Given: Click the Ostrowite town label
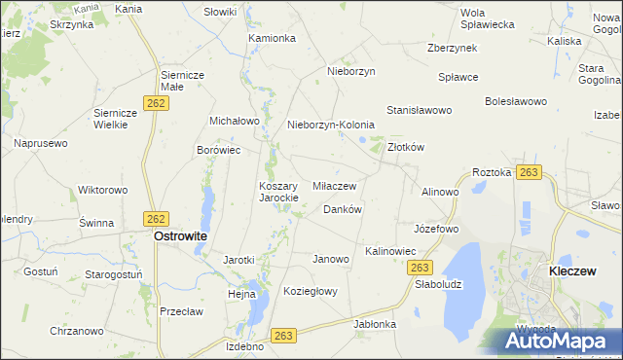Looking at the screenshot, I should (180, 235).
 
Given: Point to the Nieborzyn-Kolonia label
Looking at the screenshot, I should (330, 126).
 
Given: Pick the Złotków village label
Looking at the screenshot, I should (406, 148).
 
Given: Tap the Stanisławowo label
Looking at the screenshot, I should (420, 111).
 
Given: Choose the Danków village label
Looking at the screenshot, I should (342, 209).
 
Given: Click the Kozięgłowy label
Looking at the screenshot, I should (310, 291).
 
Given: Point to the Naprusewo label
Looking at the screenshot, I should (40, 143).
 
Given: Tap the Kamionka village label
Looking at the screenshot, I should (272, 39).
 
